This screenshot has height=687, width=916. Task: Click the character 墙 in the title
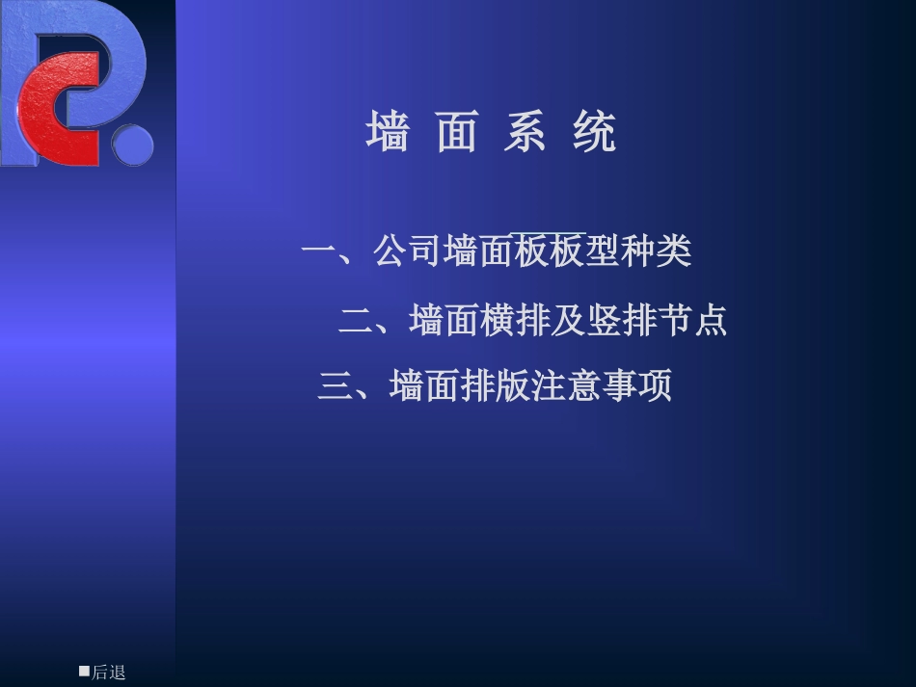point(388,132)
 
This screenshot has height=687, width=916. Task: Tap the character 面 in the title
point(457,132)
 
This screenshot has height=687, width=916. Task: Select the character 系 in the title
point(525,132)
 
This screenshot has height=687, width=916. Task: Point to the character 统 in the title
point(594,132)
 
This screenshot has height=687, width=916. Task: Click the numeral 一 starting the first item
point(317,252)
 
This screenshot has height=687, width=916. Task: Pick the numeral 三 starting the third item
point(335,386)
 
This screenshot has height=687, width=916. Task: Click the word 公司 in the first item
point(408,252)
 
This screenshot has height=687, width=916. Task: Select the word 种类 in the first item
point(657,252)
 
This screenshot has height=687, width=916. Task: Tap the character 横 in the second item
point(497,320)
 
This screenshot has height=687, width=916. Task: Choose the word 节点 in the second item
point(691,320)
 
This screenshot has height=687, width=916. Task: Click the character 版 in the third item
point(512,386)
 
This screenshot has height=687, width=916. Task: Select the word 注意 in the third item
point(565,386)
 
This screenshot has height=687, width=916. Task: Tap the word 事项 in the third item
point(636,386)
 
